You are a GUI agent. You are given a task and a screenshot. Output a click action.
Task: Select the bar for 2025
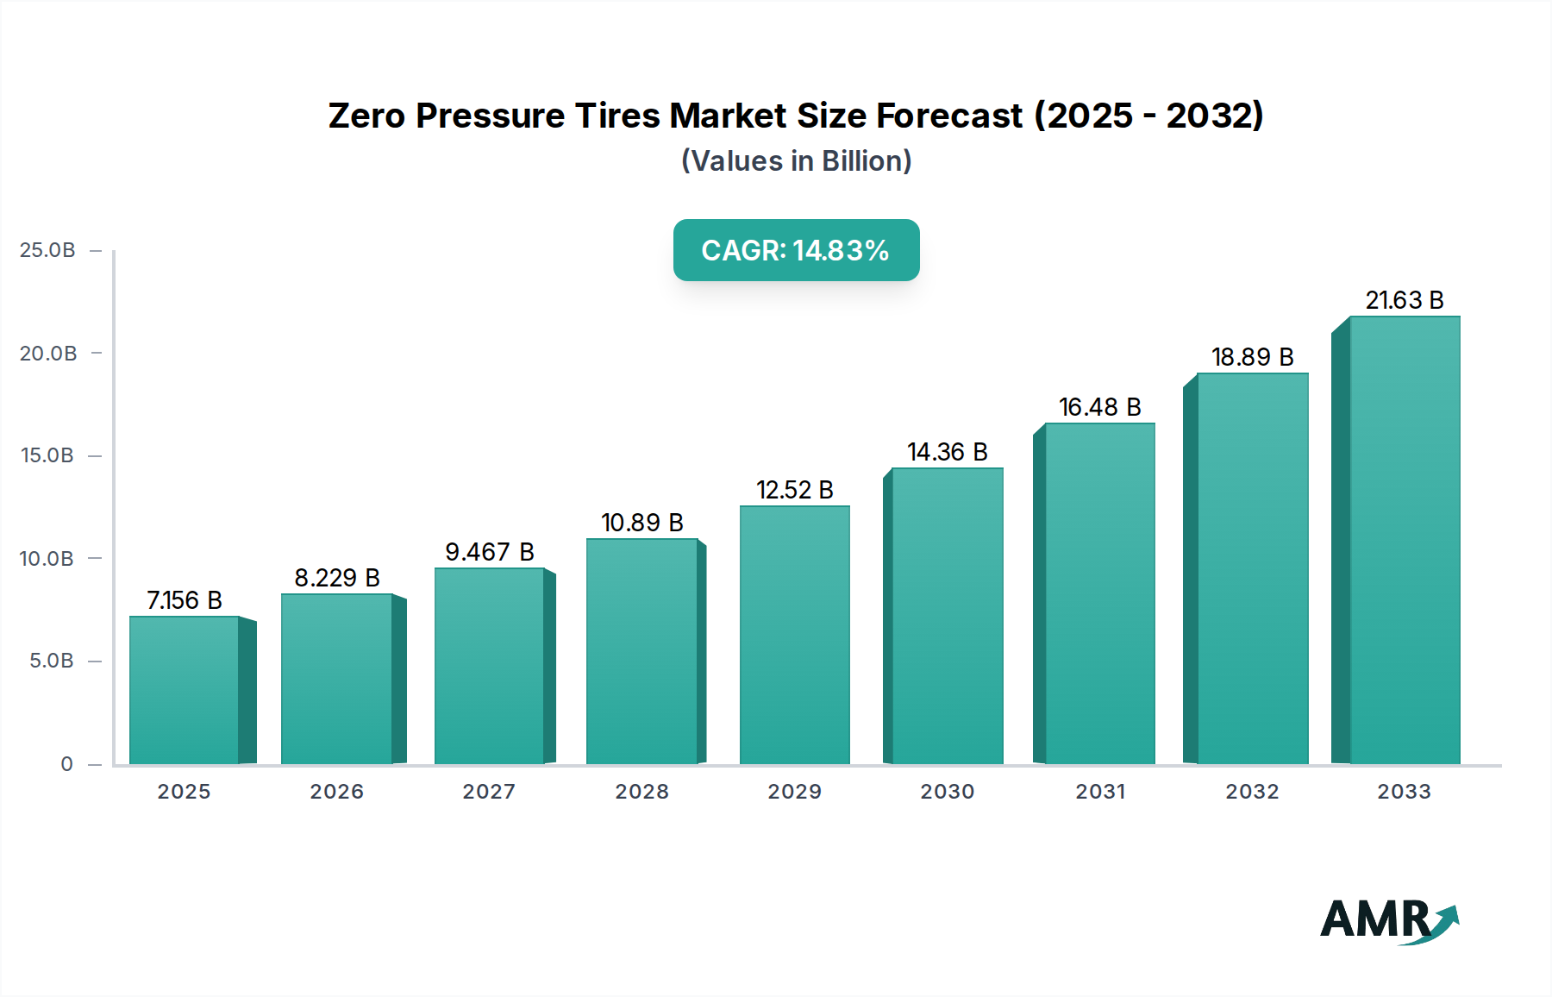click(x=184, y=690)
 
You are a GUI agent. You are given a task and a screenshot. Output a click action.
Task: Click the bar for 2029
click(x=794, y=635)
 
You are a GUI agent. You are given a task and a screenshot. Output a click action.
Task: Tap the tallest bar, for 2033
click(x=1404, y=540)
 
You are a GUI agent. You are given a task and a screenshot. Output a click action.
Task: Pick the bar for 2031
click(x=1099, y=593)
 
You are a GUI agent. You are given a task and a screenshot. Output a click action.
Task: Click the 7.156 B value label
click(x=185, y=600)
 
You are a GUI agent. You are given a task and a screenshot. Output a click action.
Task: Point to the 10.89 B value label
click(x=642, y=523)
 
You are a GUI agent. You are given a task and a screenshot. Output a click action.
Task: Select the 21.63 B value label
click(x=1404, y=300)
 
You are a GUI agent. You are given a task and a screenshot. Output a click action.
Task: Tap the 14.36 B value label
click(x=947, y=452)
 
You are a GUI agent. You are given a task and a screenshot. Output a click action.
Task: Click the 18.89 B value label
click(x=1252, y=357)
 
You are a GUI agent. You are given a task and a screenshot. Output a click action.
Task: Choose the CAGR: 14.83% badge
click(x=796, y=250)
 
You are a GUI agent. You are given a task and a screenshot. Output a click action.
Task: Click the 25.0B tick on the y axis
click(x=47, y=250)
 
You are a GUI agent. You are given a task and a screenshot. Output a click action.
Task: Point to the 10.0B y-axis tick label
click(x=47, y=559)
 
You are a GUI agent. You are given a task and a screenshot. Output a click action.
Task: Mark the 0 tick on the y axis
click(x=66, y=764)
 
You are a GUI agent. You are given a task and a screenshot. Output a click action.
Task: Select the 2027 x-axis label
click(x=489, y=792)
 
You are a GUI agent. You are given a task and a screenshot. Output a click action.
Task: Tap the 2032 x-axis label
click(x=1252, y=792)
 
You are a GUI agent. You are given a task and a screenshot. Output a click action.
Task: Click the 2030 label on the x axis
click(x=947, y=792)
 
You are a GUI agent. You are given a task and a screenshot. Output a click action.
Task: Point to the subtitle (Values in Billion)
click(x=796, y=161)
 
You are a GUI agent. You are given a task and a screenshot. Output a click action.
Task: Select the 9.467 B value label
click(x=489, y=552)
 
